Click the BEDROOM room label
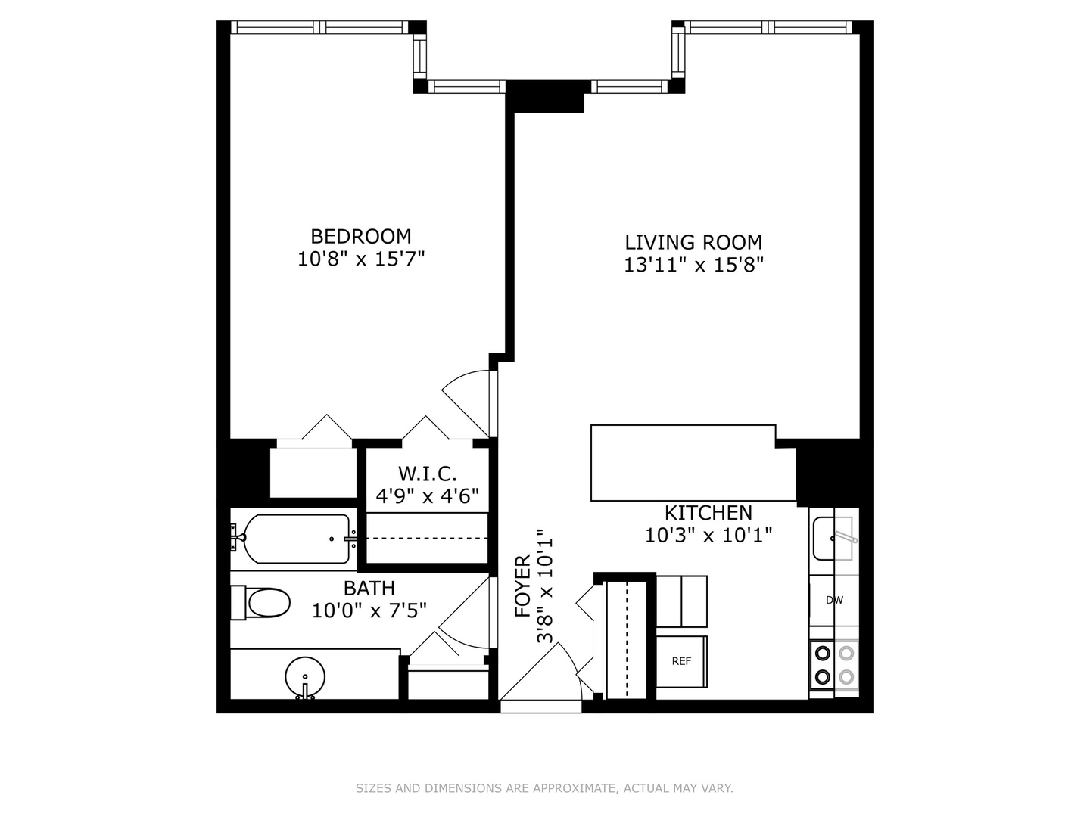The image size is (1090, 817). coord(361,235)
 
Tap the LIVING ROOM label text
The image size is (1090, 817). coord(693,242)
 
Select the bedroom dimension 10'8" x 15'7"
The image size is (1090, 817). coord(361,259)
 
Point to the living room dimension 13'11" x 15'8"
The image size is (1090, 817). coord(693,265)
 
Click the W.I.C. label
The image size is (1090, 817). coord(428,474)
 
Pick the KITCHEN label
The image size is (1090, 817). coord(708,512)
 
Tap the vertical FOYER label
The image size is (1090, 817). coord(523,586)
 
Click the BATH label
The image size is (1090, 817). coord(369,588)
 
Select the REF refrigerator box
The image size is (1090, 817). coord(681,661)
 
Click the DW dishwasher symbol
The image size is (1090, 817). coord(834,601)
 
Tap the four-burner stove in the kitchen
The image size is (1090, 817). coord(834,664)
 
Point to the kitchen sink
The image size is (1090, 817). coord(833,538)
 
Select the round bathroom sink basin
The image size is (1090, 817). coord(305,673)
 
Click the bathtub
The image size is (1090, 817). coord(295,539)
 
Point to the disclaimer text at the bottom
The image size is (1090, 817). coord(544,788)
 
